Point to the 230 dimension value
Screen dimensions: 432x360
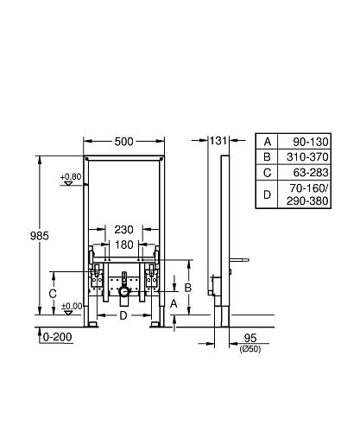coord(123,229)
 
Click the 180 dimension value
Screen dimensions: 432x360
coord(123,245)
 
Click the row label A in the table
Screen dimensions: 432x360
coord(267,141)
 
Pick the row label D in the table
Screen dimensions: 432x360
coord(267,195)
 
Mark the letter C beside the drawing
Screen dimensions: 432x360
coord(53,294)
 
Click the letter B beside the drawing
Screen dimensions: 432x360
coord(188,287)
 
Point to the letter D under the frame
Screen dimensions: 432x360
coord(123,316)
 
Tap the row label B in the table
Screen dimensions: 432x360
coord(267,156)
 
